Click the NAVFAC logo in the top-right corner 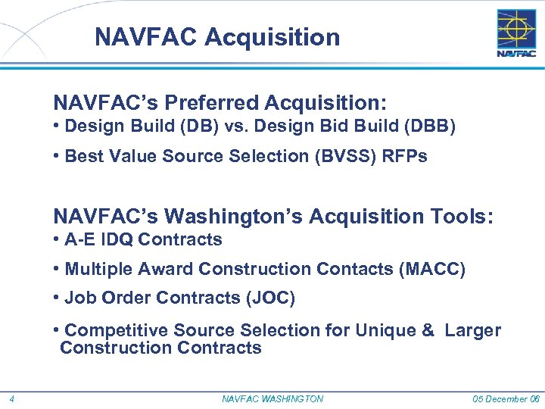(x=516, y=33)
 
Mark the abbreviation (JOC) (x=270, y=298)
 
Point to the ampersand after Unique (x=428, y=330)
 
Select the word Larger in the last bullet (x=473, y=330)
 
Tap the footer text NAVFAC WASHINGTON (x=272, y=399)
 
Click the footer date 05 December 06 (x=506, y=399)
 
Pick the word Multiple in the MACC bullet (x=95, y=270)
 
